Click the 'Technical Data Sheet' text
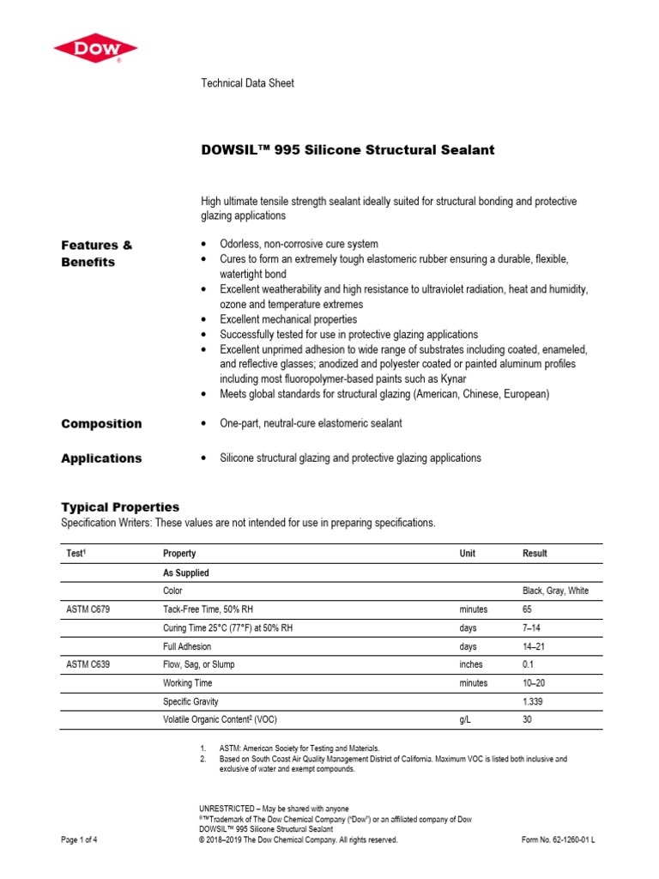247,83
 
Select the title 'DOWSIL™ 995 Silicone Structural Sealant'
348,150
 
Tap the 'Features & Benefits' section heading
96,253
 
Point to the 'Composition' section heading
101,423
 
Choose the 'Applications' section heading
101,458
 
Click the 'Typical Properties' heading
120,506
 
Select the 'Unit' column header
468,554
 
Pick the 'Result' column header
535,554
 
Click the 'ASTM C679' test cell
88,609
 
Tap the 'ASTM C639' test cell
88,664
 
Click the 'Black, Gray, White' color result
555,591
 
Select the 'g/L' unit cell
467,720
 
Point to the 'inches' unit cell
471,664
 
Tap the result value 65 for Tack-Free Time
528,609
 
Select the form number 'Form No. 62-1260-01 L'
558,840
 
